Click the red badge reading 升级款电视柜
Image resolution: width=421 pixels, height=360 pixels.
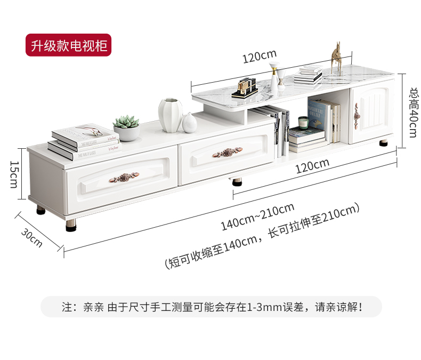point(69,46)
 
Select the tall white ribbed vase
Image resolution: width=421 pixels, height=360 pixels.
point(170,115)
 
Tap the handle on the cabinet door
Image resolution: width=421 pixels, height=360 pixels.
point(356,112)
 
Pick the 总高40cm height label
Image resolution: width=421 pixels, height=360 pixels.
point(412,112)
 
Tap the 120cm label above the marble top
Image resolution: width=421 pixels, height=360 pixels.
point(260,56)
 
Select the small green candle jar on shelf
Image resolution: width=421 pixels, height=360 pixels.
point(303,124)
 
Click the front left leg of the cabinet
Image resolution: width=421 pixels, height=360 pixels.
point(71,224)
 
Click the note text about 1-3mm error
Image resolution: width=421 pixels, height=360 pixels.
point(212,307)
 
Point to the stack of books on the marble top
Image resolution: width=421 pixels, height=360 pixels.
point(309,75)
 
